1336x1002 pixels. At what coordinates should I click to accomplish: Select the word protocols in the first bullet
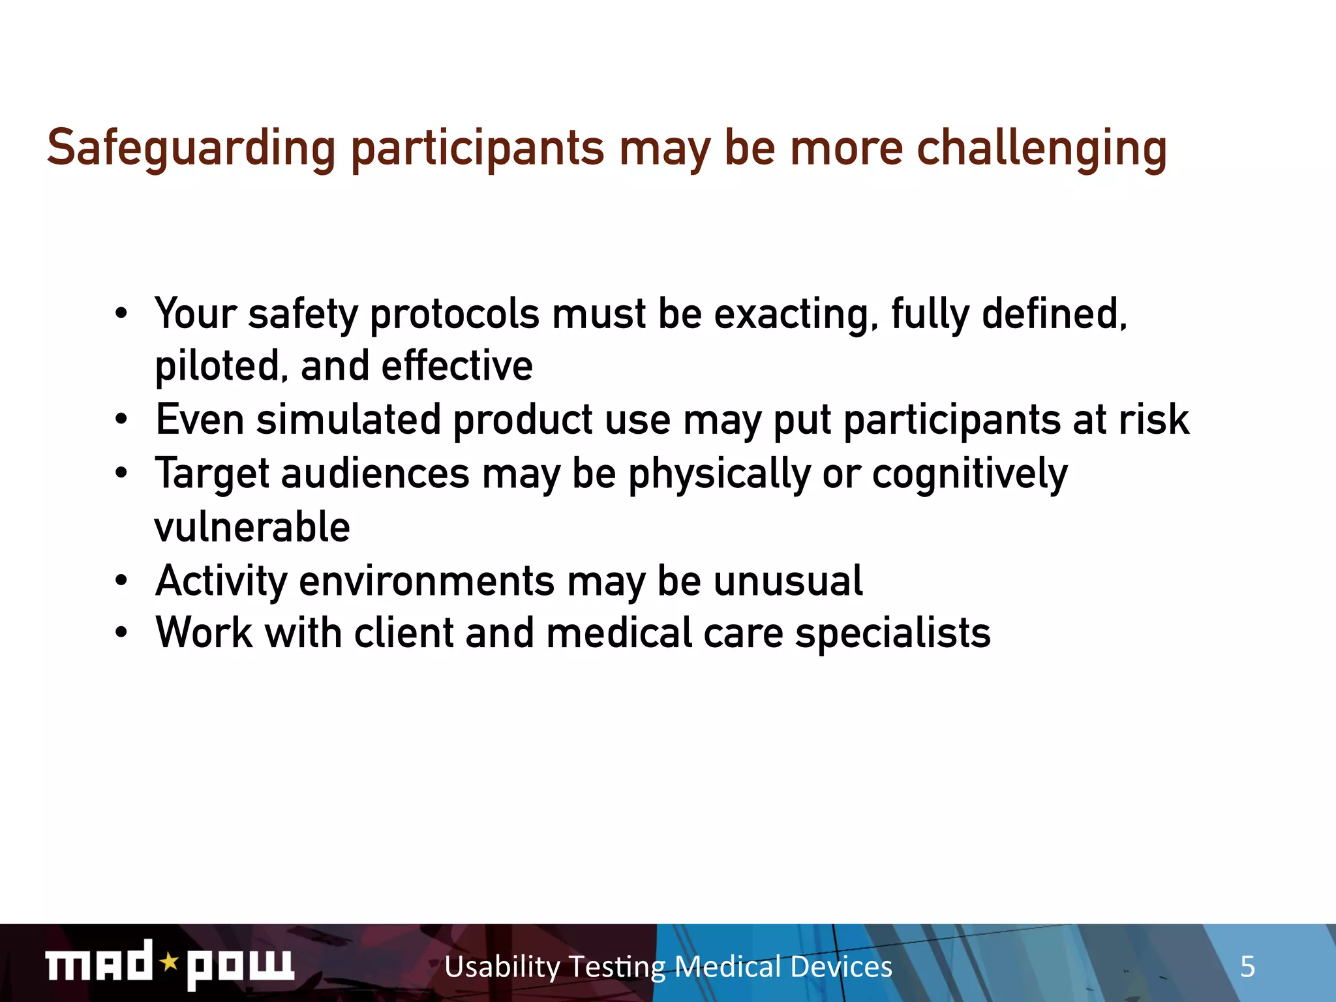(x=454, y=314)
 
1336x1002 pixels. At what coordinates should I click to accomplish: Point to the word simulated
(x=348, y=419)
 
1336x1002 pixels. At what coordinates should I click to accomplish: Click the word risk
(x=1153, y=419)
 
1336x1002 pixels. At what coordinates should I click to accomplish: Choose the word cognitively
(x=969, y=474)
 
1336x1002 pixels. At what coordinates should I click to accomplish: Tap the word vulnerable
(x=252, y=527)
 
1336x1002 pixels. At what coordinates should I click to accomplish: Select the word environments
(x=427, y=581)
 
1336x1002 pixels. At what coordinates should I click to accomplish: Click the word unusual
(x=787, y=581)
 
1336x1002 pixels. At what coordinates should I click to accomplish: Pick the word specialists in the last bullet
(x=892, y=633)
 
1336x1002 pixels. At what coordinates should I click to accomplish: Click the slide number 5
(x=1247, y=967)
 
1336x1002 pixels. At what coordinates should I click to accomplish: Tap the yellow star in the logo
(x=170, y=962)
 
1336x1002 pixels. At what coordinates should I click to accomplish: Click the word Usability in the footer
(x=502, y=967)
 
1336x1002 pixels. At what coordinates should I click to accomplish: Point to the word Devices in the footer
(x=841, y=967)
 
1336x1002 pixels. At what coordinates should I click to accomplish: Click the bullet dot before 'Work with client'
(x=121, y=633)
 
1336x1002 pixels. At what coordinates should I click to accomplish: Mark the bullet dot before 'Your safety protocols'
(x=121, y=314)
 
